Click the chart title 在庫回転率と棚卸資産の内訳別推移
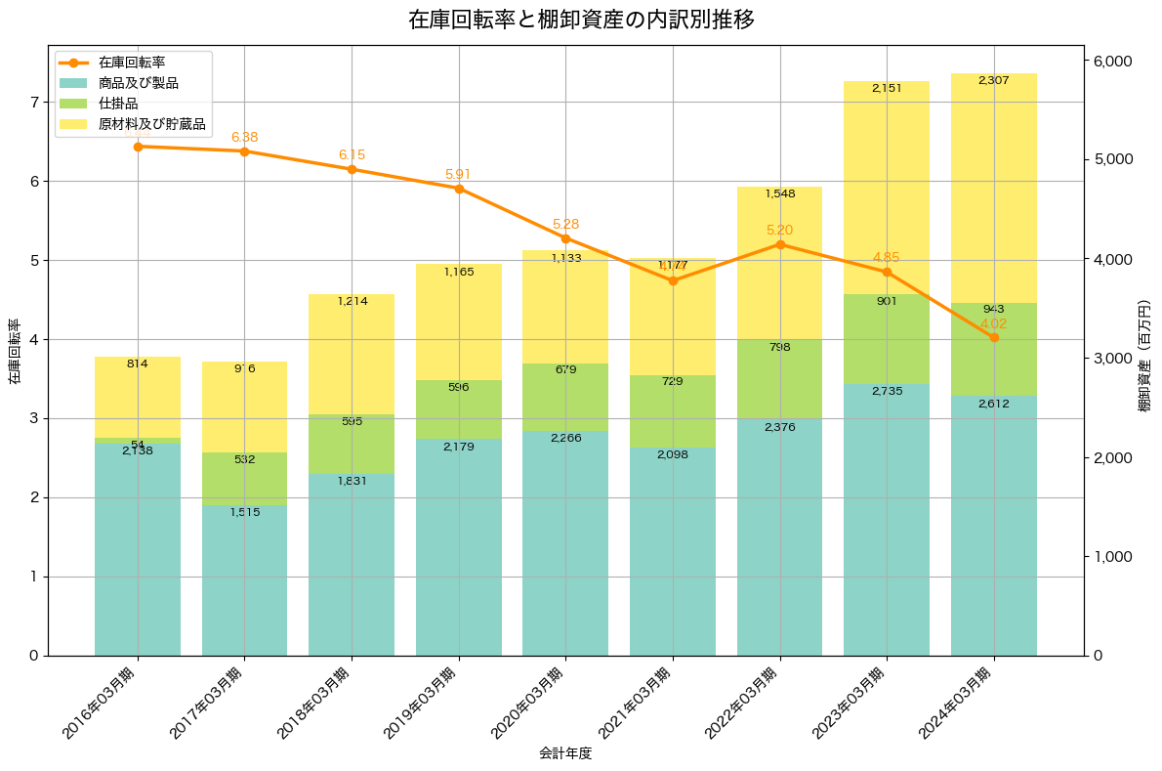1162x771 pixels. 581,20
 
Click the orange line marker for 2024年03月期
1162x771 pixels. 994,337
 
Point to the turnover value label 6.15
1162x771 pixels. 352,155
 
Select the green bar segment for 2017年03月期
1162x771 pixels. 244,479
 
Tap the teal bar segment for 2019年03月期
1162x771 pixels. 459,547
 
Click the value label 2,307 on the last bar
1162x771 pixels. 994,80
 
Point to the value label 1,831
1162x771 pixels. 352,481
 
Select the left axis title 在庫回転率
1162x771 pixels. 14,352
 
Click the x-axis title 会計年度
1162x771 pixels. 565,753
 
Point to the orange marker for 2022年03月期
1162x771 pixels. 779,244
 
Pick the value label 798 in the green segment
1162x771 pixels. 779,347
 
